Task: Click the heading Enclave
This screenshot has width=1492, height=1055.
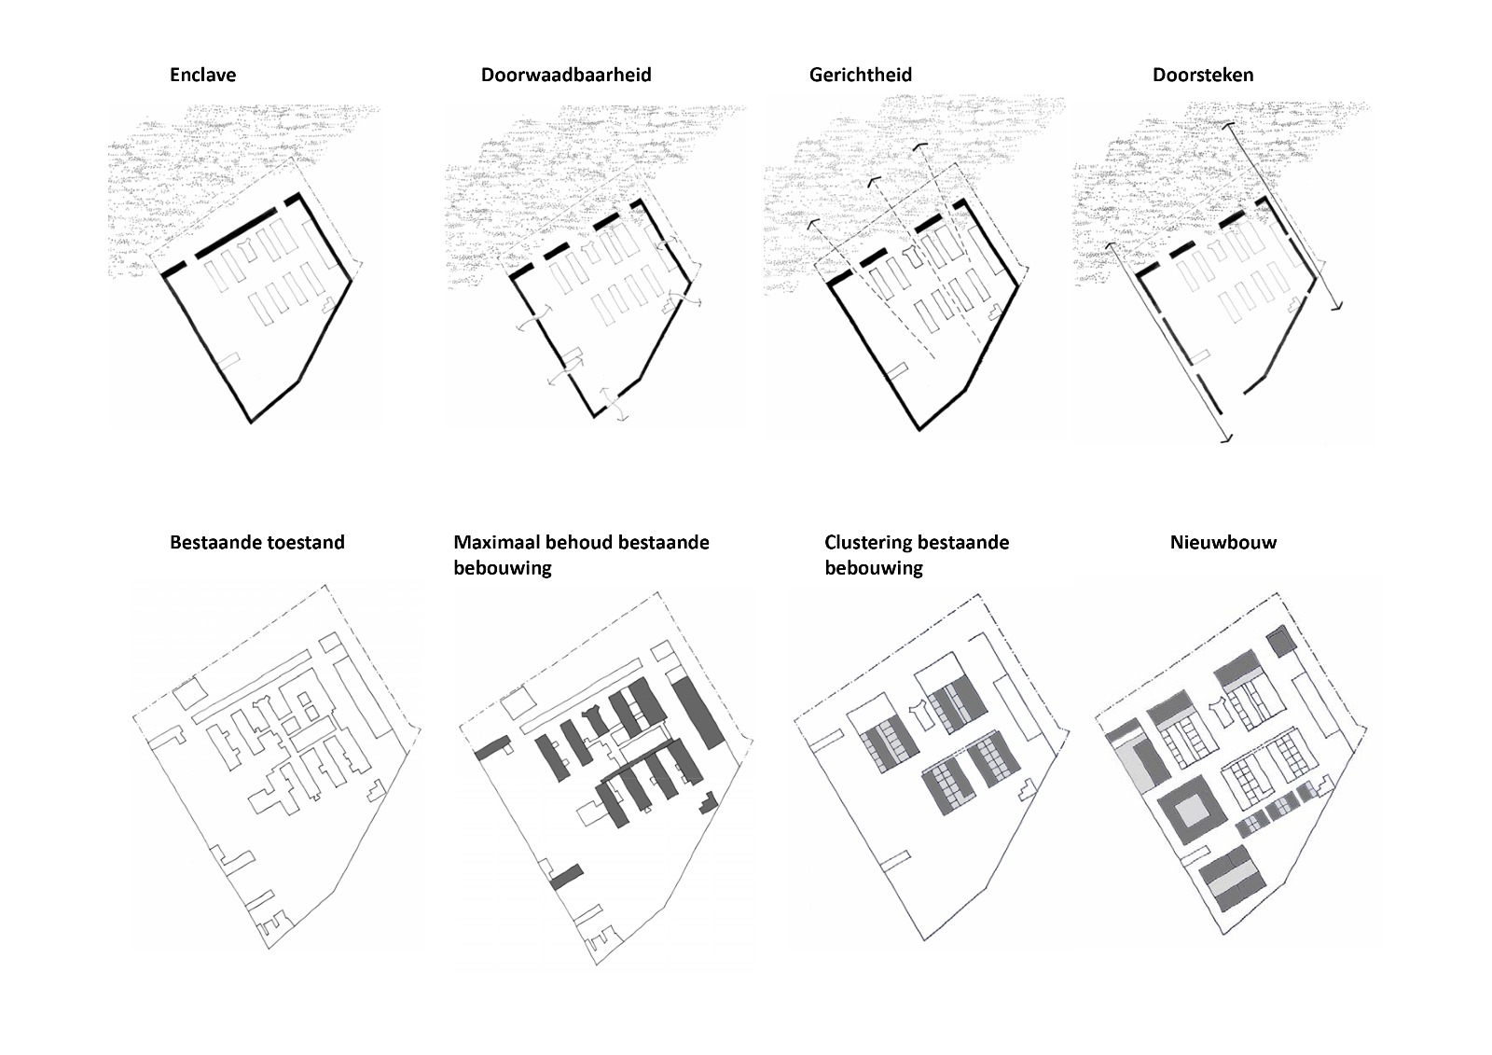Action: pos(202,75)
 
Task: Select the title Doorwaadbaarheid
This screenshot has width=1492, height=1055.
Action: pos(565,75)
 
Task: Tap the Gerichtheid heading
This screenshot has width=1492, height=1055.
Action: pos(860,75)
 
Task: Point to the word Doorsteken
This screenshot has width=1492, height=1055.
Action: pos(1202,75)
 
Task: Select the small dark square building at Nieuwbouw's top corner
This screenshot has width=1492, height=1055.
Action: pos(1278,643)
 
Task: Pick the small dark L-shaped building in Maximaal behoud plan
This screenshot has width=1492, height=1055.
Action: pos(710,803)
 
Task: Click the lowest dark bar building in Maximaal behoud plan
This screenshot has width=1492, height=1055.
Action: pos(566,877)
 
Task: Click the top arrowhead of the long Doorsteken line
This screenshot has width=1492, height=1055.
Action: pos(1230,125)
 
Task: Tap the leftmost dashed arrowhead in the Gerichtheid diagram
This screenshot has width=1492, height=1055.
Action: pos(811,224)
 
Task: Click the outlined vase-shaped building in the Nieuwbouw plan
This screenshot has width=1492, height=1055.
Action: pos(1222,709)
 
